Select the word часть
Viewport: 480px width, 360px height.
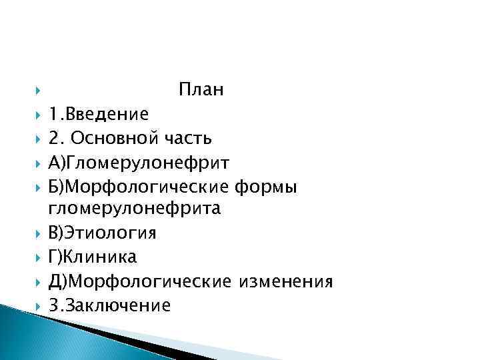[x=188, y=138]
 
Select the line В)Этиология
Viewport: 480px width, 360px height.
[x=102, y=233]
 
